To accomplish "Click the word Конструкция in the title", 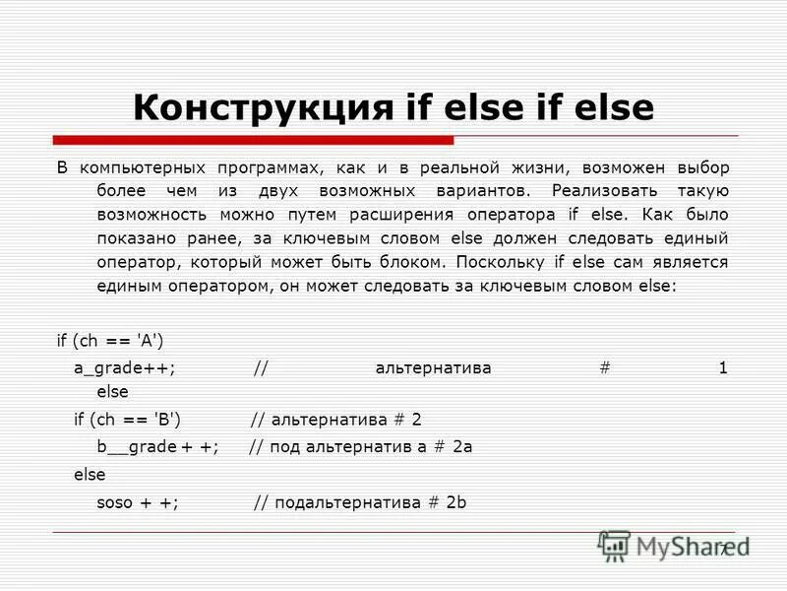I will (x=261, y=108).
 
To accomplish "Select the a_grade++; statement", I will (x=125, y=368).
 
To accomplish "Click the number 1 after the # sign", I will (x=723, y=368).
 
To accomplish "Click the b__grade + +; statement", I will (x=146, y=446).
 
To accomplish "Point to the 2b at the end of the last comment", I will (x=455, y=502).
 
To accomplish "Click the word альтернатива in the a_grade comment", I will (x=433, y=368).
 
